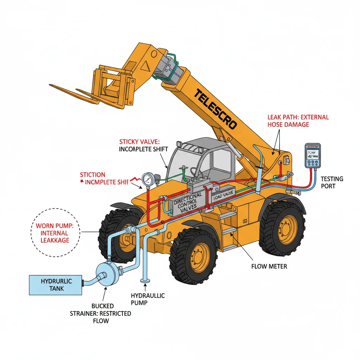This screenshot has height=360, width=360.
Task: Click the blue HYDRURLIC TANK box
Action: click(56, 285)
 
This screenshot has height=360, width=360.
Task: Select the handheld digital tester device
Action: click(312, 156)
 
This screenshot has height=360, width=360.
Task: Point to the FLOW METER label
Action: click(269, 266)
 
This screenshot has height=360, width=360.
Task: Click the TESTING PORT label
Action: click(332, 182)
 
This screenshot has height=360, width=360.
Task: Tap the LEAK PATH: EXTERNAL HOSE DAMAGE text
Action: click(298, 121)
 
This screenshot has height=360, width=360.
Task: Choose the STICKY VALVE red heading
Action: click(139, 142)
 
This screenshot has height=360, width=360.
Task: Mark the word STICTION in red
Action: click(92, 175)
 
